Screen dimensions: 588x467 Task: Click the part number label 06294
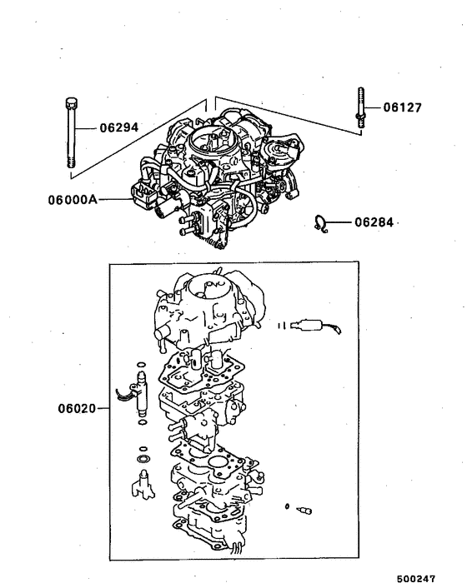119,128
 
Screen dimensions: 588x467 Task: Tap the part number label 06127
403,107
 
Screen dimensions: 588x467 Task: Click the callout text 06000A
73,200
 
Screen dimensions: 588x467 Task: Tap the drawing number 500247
427,576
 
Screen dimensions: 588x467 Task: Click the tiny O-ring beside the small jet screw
287,506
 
